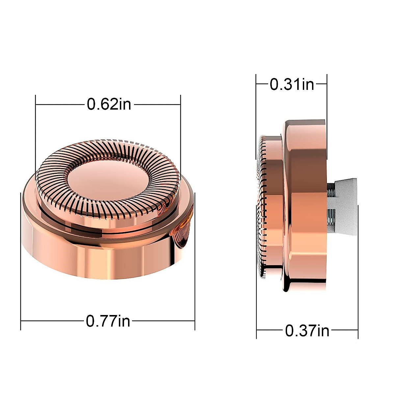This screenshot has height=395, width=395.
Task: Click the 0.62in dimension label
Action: pos(109,104)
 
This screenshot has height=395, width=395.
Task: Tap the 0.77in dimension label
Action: pos(108,321)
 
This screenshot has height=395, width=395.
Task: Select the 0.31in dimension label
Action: pos(292,84)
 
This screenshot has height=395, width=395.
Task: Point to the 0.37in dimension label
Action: pos(307,331)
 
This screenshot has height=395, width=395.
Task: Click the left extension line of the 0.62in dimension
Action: pos(36,138)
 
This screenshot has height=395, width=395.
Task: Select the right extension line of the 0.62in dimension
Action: pos(180,138)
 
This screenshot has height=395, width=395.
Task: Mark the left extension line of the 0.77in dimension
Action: pos(21,261)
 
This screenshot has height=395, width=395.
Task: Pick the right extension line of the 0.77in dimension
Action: pos(195,261)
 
